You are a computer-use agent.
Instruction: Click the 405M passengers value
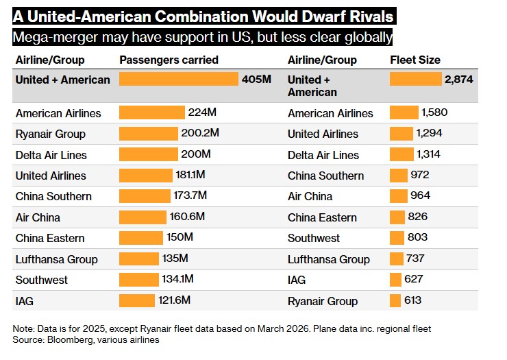pos(256,80)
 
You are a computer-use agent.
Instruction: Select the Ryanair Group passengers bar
pos(148,134)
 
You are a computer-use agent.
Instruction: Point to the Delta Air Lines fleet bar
pos(401,154)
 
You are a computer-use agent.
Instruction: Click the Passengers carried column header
pos(169,60)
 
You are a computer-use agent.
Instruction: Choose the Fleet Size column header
pos(415,60)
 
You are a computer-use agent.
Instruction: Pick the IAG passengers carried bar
pos(137,300)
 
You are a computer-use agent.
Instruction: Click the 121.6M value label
pos(175,300)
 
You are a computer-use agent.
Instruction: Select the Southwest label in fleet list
pos(314,239)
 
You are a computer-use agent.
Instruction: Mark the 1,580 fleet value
pos(434,112)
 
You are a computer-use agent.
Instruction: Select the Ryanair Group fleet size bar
pos(395,300)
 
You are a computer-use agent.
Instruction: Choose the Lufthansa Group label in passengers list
pos(56,259)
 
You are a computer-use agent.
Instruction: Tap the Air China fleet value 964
pos(420,196)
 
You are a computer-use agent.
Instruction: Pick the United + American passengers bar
pos(178,80)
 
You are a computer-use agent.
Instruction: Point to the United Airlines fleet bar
pos(401,134)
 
